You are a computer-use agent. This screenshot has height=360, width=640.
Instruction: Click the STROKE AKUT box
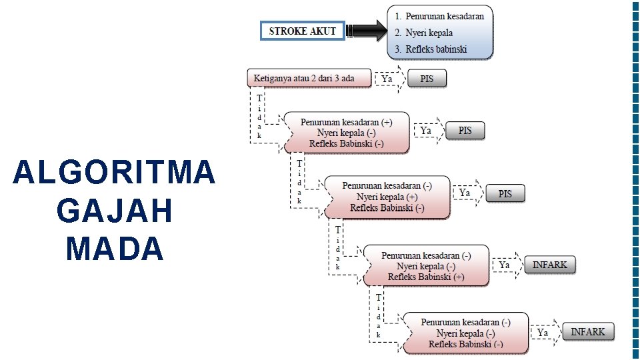coord(302,31)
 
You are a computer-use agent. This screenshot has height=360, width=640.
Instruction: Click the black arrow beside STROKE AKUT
coord(365,31)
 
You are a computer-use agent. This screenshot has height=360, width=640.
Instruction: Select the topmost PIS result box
coord(427,79)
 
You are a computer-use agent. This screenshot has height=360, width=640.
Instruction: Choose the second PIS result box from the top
coord(465,131)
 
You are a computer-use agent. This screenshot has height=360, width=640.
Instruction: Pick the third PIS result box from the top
coord(505,193)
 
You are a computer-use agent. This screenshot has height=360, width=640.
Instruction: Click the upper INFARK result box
coord(550,265)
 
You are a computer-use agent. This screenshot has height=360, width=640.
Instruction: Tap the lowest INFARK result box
coord(588,331)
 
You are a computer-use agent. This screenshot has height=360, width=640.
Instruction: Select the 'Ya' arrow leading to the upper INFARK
coord(507,265)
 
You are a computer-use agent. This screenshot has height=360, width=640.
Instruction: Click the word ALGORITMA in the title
coord(114,173)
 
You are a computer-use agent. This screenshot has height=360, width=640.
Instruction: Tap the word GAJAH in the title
coord(115,211)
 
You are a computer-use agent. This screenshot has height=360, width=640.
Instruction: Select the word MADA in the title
coord(115,249)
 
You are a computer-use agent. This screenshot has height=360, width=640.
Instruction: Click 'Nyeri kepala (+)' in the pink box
coord(387,197)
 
